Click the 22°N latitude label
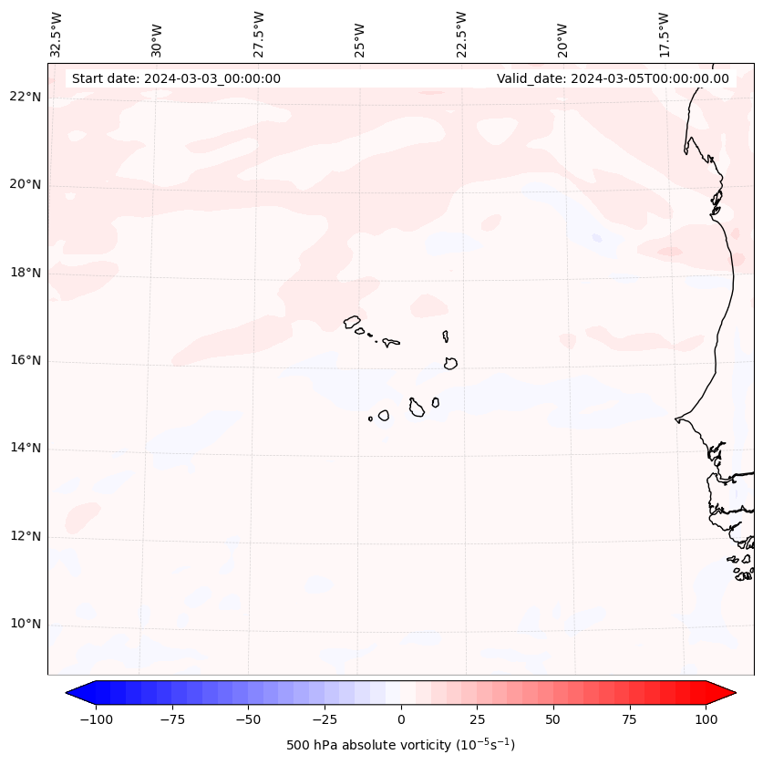[x=26, y=98]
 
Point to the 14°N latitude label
[x=26, y=449]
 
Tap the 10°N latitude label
[x=26, y=625]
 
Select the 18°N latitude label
[x=26, y=273]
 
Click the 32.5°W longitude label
[x=57, y=35]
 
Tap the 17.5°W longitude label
[x=664, y=35]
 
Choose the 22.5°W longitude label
[x=461, y=35]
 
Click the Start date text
[x=176, y=78]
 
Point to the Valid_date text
[x=613, y=78]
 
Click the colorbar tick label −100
[x=96, y=719]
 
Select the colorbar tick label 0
[x=401, y=719]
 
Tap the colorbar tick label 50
[x=553, y=719]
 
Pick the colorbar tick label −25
[x=324, y=719]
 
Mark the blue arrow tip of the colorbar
[x=72, y=694]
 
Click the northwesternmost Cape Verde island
[x=352, y=322]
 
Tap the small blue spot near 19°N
[x=596, y=238]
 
